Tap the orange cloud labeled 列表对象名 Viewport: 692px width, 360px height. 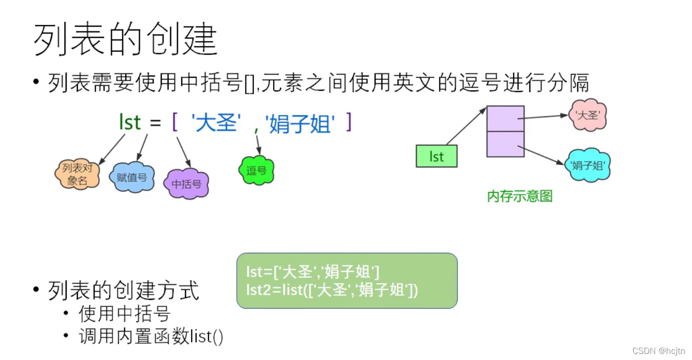tap(77, 174)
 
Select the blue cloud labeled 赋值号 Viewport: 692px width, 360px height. tap(132, 177)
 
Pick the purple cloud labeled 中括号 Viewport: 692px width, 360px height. tap(186, 184)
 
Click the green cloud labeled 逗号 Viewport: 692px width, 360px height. tap(256, 170)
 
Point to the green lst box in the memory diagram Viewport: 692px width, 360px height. tap(436, 156)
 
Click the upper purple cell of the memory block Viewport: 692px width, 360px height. tap(505, 118)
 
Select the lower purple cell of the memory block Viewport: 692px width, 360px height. tap(505, 144)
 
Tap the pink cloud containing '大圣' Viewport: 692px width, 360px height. tap(587, 115)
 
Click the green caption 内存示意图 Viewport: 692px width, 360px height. tap(520, 196)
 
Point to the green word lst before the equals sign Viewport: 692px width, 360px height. tap(130, 123)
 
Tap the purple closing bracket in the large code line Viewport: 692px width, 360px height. tap(348, 123)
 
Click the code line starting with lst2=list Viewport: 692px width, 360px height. tap(332, 290)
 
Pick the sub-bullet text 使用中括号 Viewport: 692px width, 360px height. tap(124, 314)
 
